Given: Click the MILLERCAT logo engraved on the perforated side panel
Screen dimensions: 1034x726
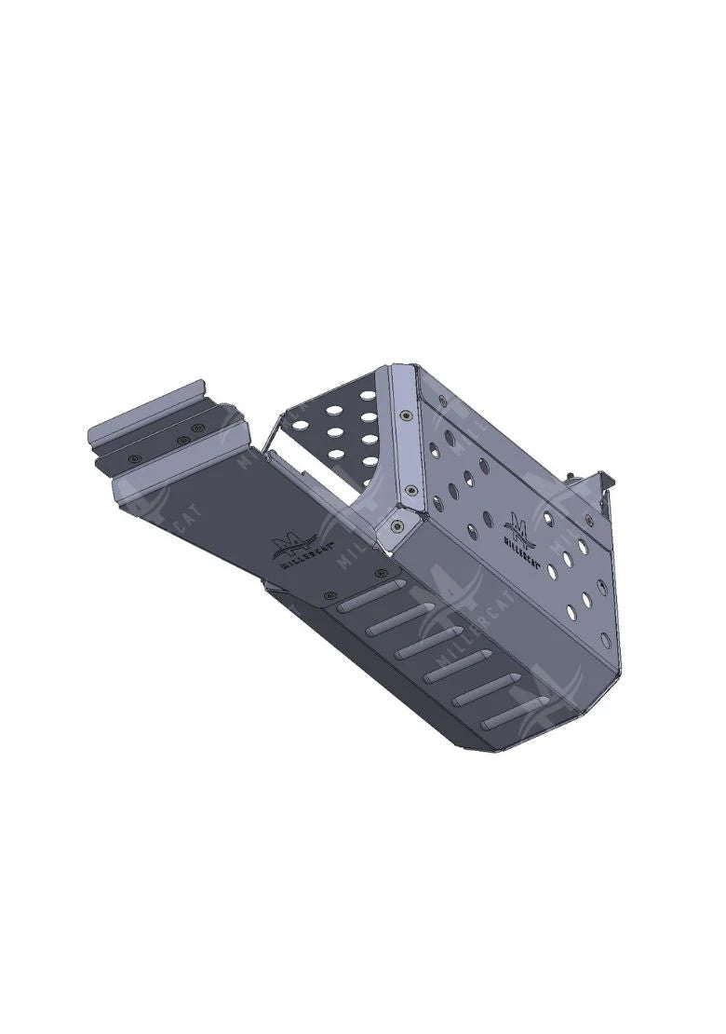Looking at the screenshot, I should pyautogui.click(x=517, y=527).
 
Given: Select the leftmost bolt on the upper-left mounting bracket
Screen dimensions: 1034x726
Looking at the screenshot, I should pyautogui.click(x=137, y=458).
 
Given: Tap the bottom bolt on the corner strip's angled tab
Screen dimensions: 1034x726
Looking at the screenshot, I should pyautogui.click(x=397, y=527).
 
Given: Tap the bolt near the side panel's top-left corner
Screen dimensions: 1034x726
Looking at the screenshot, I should pyautogui.click(x=441, y=401).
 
